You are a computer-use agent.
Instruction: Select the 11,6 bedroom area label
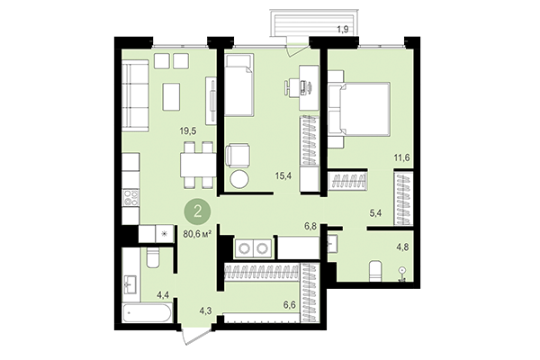click(401, 158)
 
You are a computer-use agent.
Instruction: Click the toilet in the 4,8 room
click(375, 268)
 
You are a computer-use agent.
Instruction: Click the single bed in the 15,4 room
click(239, 86)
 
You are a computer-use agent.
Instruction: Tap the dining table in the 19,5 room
click(196, 164)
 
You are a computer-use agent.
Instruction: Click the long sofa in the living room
click(135, 95)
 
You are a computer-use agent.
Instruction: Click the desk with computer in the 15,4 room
click(302, 86)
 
